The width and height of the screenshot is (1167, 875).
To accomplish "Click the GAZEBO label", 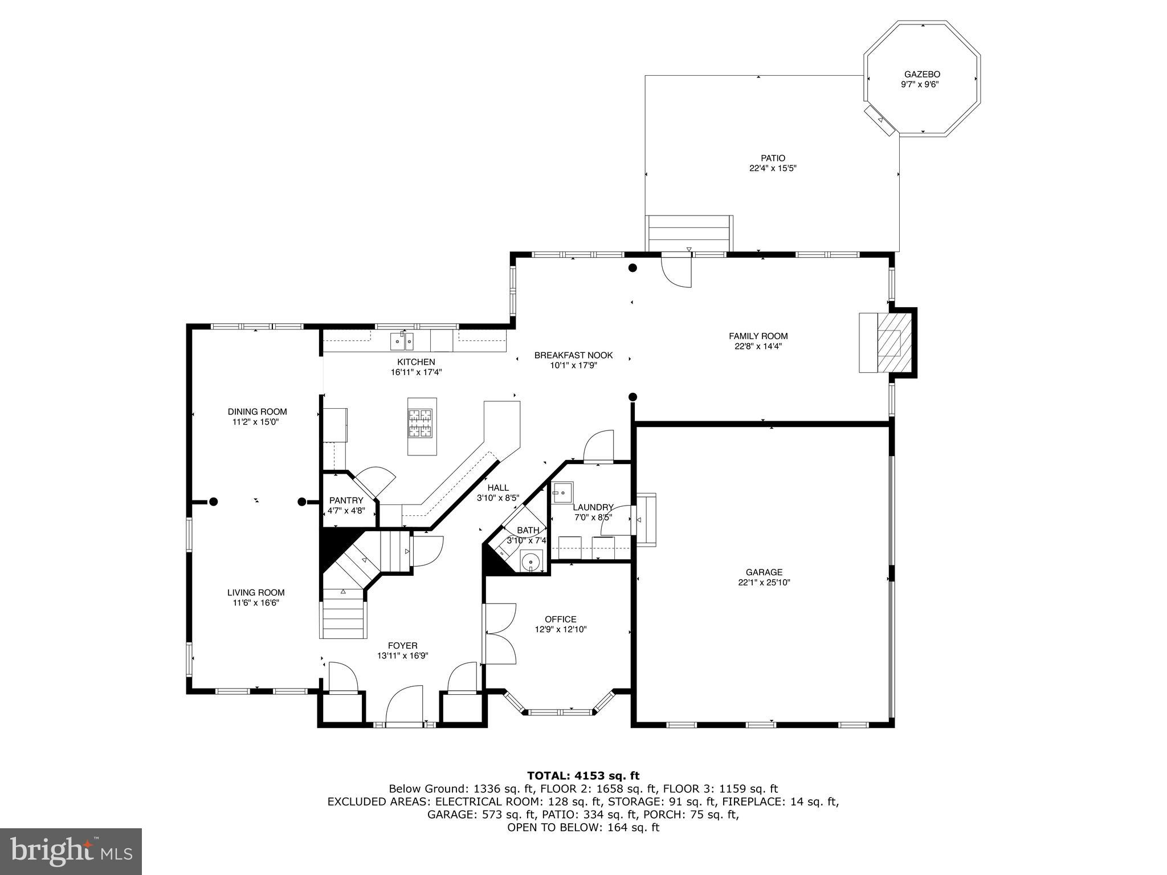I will click(x=922, y=74).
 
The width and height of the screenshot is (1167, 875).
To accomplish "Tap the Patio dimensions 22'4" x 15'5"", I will click(x=773, y=168).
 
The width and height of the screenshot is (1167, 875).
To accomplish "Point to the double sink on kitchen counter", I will click(x=402, y=341).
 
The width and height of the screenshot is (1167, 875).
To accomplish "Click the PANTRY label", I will click(x=346, y=500).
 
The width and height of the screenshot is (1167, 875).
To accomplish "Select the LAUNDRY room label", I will click(x=593, y=507).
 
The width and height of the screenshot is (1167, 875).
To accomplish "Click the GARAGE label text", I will click(x=764, y=572).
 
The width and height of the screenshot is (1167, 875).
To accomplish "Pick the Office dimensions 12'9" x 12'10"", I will click(x=561, y=629).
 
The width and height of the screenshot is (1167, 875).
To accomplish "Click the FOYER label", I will click(x=402, y=645).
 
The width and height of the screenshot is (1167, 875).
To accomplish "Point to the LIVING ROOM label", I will click(x=256, y=592).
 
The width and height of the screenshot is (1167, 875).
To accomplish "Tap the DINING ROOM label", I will click(x=257, y=412).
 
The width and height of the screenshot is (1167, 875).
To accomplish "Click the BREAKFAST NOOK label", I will click(x=573, y=355).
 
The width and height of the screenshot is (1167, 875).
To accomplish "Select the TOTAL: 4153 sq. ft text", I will click(x=583, y=775).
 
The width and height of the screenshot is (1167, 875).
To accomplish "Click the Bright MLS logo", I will click(x=71, y=851).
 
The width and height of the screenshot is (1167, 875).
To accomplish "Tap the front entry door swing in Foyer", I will click(x=405, y=704).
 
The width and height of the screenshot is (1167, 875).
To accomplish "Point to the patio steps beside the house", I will click(x=689, y=233).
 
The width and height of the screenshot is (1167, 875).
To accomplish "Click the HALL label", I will click(x=498, y=487).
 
